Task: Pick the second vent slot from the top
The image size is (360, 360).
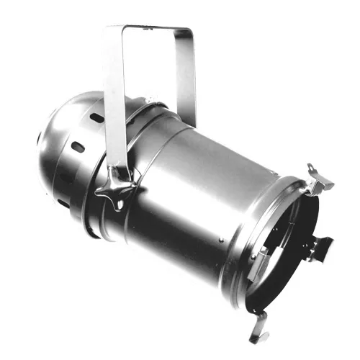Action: (78, 147)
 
